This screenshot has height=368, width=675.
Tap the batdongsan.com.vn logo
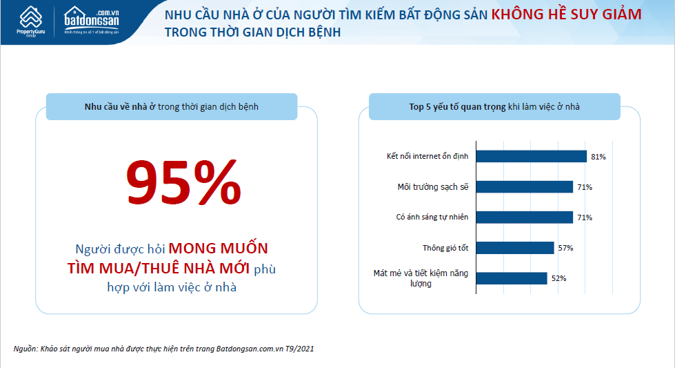coord(92,21)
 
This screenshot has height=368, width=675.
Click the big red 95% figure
coord(183,182)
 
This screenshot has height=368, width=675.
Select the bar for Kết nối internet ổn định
coord(531,157)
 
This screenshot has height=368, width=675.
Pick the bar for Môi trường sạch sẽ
coord(524,186)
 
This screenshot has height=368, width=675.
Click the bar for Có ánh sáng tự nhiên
coord(524,217)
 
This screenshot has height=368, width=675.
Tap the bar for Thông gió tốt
coord(515,248)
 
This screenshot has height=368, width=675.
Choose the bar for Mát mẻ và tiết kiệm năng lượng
coord(512,278)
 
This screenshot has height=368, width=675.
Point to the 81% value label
coord(598,157)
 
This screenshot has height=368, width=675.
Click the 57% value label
coord(565,248)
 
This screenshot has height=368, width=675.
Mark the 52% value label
coord(558,278)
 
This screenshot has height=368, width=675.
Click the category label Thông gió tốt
coord(445,248)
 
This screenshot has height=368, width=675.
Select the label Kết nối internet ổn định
coord(427,156)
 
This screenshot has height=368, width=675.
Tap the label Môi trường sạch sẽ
coord(433,187)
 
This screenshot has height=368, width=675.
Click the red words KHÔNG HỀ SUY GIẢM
coord(567,14)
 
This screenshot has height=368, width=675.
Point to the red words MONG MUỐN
coord(219,249)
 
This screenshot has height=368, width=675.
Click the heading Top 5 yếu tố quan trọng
coord(457,107)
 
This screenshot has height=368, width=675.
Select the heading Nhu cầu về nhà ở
coord(120,107)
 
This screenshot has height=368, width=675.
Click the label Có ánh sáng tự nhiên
coord(432,217)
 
